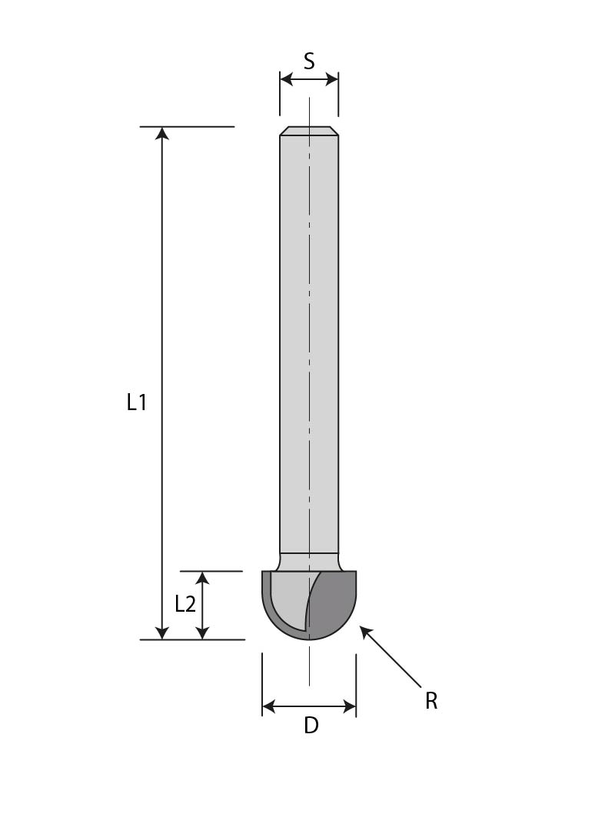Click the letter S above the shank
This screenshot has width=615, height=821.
309,61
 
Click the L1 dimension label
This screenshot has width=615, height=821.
137,402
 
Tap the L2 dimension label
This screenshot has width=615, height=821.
185,604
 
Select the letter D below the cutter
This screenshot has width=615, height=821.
311,725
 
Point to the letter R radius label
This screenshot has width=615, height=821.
431,701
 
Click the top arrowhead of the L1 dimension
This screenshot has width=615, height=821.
161,133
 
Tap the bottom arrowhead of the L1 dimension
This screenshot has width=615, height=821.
161,632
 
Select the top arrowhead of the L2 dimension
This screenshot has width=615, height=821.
202,578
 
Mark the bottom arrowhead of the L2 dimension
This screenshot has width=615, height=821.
202,632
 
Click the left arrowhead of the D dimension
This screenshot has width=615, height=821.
269,706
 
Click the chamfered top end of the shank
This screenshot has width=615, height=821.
309,131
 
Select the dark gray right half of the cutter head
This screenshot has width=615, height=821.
334,604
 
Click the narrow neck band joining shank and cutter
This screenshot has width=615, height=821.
309,561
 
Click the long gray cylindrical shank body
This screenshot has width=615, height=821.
309,346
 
